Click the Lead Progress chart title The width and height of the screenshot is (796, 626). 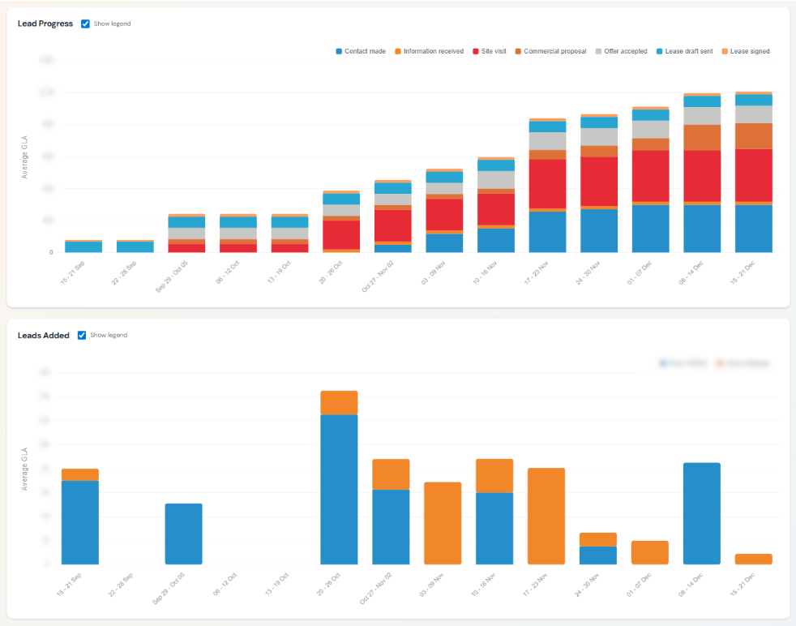(46, 24)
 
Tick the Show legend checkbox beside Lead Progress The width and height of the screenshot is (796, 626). (86, 24)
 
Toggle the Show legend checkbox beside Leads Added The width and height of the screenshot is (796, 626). (82, 335)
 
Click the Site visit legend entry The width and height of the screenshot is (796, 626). (493, 51)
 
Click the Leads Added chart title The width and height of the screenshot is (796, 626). (44, 335)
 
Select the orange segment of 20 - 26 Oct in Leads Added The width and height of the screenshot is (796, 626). (339, 403)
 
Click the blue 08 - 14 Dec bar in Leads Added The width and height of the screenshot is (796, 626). (701, 513)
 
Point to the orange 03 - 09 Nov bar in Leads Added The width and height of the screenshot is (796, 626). (443, 523)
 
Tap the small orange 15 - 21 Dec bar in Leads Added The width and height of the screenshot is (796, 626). (753, 559)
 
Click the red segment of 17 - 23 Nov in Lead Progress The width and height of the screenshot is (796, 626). (547, 183)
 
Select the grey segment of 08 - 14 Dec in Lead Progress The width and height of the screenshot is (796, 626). (701, 115)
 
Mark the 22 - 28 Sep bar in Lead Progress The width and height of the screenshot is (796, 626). (135, 247)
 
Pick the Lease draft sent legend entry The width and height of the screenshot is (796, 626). (688, 51)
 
